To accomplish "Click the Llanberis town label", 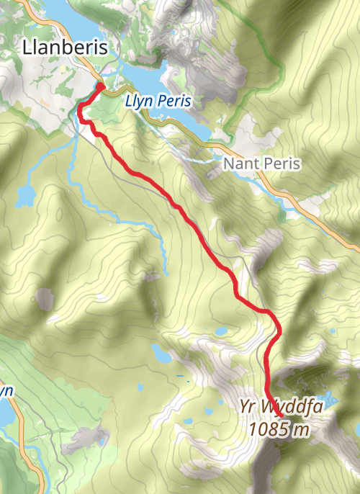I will click(65, 48).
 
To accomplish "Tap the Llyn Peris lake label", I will click(158, 102).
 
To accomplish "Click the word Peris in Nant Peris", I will click(282, 163).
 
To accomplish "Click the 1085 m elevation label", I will click(279, 430).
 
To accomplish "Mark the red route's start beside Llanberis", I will click(101, 87).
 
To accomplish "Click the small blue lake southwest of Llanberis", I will click(24, 195).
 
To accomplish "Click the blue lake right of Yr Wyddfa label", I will click(330, 398).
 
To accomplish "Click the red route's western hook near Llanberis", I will click(79, 112).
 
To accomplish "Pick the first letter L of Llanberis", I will click(27, 48).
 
